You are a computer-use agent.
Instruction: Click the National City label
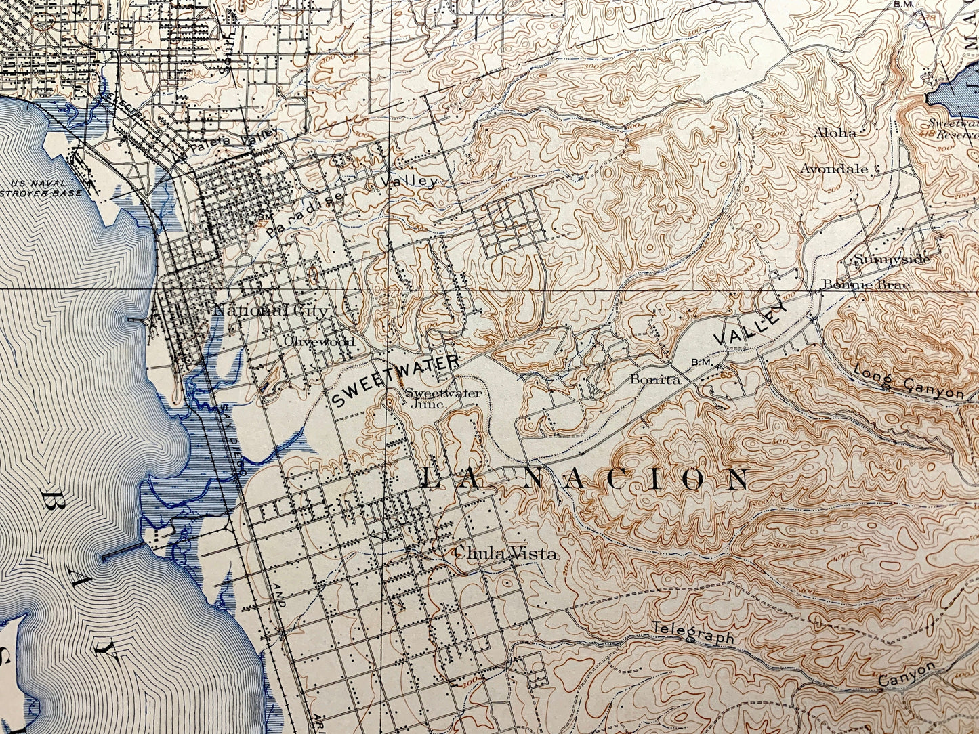click(x=271, y=311)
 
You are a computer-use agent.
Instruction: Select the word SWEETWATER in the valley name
click(x=395, y=381)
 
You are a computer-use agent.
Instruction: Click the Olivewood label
click(x=319, y=341)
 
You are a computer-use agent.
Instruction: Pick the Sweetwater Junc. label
click(x=434, y=397)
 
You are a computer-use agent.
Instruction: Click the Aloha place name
click(x=836, y=133)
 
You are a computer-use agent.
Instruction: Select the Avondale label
click(x=834, y=169)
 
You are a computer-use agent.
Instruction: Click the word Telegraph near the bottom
click(x=694, y=634)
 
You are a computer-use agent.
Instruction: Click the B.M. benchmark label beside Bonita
click(x=699, y=362)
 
